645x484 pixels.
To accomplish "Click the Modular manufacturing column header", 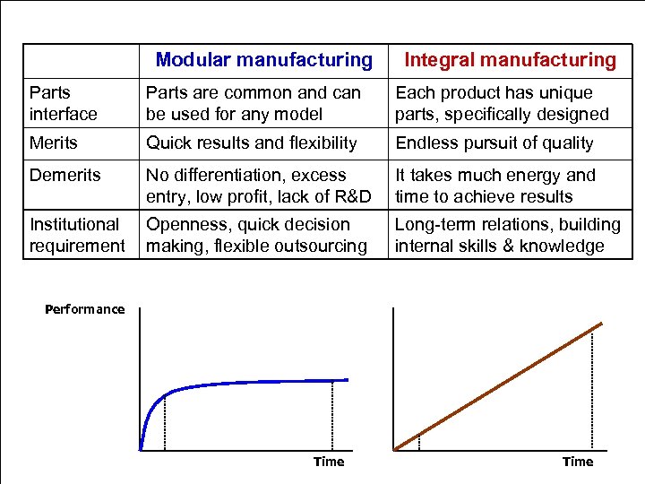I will tap(263, 60).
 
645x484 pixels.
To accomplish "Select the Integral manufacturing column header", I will tap(511, 60).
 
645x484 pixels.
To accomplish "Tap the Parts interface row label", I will tap(63, 103).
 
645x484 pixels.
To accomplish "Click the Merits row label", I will tap(54, 143).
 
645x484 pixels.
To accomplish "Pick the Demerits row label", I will tap(62, 175).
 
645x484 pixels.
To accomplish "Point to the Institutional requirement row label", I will tap(77, 235).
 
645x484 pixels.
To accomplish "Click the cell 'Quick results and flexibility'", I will tap(251, 143).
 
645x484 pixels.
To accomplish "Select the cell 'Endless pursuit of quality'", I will tap(494, 143).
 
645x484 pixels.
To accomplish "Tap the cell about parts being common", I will tap(254, 103).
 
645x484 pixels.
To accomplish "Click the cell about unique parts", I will tap(502, 103).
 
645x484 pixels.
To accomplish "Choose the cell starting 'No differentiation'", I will tap(258, 186).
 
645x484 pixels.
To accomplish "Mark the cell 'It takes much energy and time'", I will tap(494, 186).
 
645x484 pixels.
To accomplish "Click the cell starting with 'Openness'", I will tap(256, 235).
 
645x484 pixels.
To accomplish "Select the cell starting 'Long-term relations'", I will tap(507, 235).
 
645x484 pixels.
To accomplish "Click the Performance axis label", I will tap(85, 309).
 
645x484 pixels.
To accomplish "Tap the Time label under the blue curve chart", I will tap(329, 462).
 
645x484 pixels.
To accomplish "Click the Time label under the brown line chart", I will tap(578, 462).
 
